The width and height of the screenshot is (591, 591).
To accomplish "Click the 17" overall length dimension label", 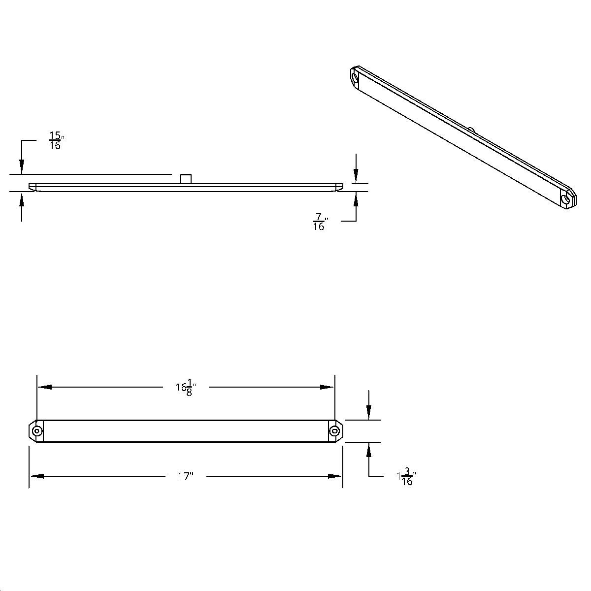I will [185, 476].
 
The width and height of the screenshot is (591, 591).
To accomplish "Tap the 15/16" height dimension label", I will [56, 140].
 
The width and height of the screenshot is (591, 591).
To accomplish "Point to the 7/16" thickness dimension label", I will [320, 223].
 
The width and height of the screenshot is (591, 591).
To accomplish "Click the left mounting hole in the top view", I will [36, 431].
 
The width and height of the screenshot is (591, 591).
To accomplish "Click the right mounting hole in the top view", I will [335, 431].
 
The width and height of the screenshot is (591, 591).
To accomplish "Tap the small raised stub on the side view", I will [186, 179].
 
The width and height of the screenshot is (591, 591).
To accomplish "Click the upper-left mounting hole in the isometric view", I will [356, 77].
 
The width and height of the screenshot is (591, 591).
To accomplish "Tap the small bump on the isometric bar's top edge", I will [471, 130].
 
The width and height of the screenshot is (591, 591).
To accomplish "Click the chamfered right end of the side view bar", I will [339, 187].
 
